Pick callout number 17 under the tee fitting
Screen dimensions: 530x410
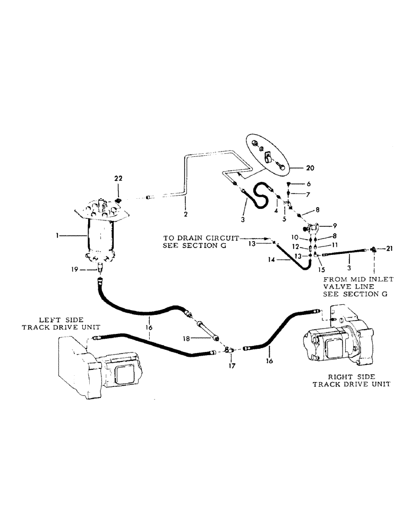pos(230,366)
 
